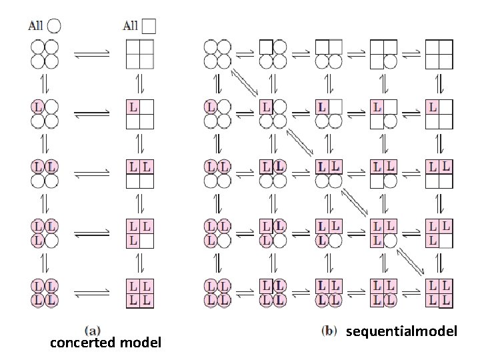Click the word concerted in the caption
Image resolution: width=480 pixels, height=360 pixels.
(x=83, y=343)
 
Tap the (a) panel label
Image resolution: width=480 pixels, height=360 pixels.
(x=93, y=329)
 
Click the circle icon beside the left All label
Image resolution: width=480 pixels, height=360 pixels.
(x=54, y=26)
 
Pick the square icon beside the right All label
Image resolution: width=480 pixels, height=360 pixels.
(x=149, y=26)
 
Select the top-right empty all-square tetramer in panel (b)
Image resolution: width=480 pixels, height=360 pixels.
(x=438, y=54)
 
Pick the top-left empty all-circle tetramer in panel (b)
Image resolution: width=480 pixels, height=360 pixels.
(x=217, y=54)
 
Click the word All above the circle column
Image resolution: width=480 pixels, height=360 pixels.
(x=36, y=26)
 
